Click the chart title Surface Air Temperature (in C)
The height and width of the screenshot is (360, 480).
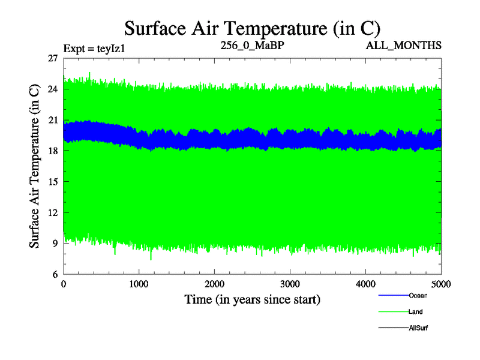point(253,28)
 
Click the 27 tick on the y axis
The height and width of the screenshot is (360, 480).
point(52,58)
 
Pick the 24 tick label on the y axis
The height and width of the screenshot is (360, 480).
point(52,89)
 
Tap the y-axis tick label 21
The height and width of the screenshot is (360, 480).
point(52,120)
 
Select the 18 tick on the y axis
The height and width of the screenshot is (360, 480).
point(52,151)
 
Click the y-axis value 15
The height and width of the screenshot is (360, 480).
point(52,182)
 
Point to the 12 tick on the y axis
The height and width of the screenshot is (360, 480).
point(52,213)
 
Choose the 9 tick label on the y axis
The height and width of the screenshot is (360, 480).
point(55,244)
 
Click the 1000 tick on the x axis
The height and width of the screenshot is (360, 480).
point(139,284)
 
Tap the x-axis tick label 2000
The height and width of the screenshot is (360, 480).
point(215,284)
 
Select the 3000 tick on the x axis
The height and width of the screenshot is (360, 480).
point(290,284)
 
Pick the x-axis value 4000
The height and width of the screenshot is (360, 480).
point(366,284)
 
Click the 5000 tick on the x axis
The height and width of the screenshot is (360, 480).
point(440,284)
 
